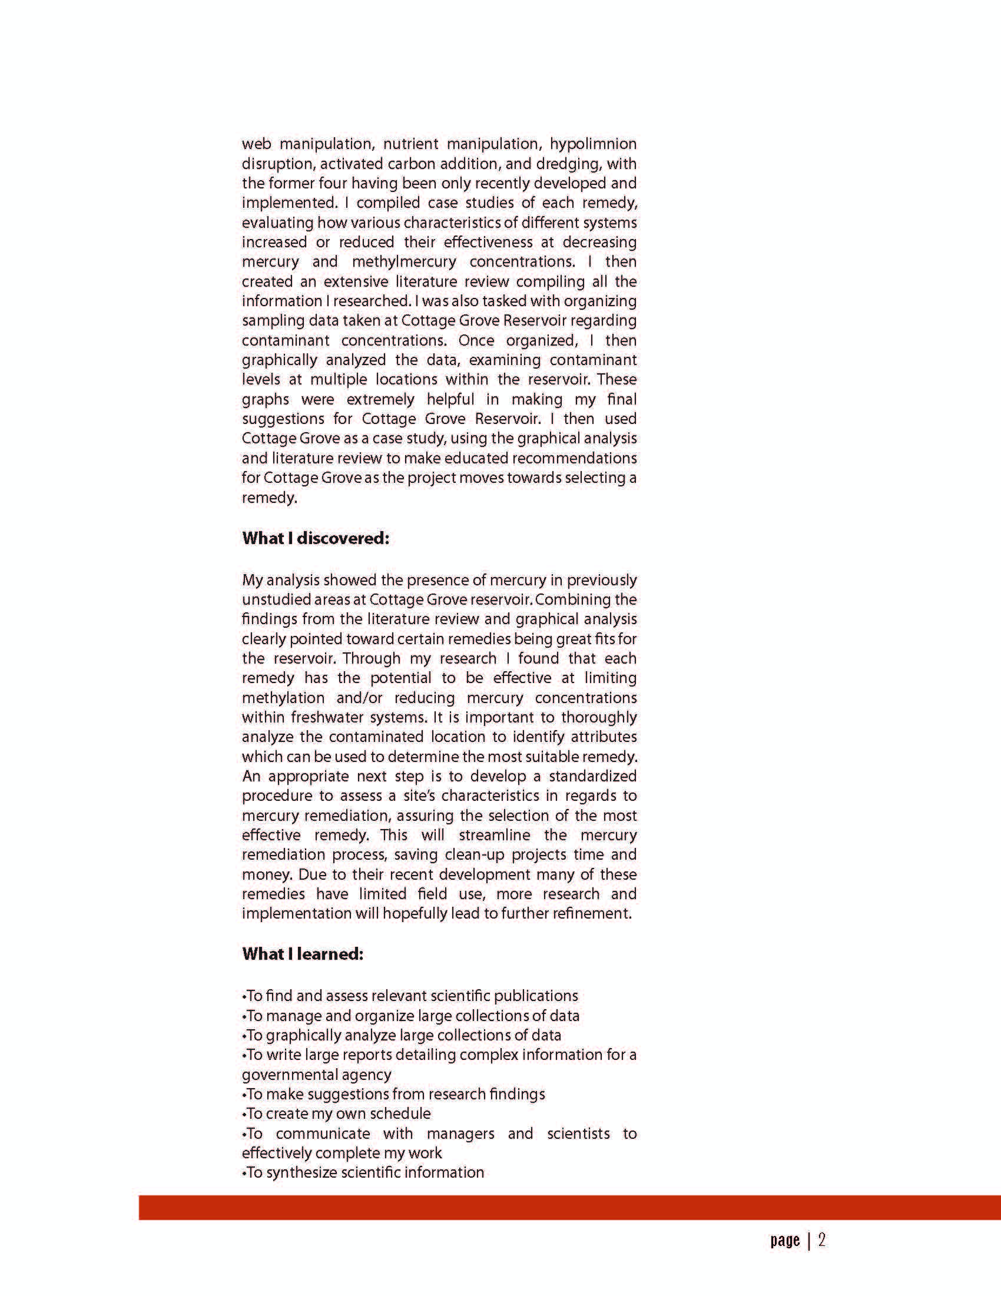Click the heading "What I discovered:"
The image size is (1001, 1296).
click(315, 538)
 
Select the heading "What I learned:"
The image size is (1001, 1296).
click(302, 954)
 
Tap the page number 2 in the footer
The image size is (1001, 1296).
click(822, 1239)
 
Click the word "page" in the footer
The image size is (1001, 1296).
click(785, 1240)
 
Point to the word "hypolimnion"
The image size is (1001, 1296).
click(593, 144)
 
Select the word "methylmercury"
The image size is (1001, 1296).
click(404, 261)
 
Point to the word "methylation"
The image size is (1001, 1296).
click(283, 698)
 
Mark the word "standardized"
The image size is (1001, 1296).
click(592, 776)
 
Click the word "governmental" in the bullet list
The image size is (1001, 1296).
click(316, 1075)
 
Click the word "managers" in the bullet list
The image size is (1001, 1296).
click(460, 1133)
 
